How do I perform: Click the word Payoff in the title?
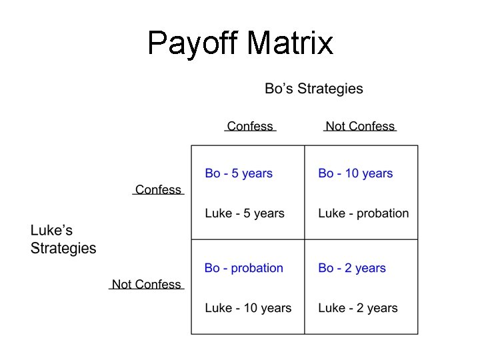pos(193,43)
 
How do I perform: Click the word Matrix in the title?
pos(290,43)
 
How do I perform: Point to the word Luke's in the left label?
pos(51,231)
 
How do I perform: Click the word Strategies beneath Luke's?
pos(63,249)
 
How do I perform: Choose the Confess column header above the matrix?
pos(250,126)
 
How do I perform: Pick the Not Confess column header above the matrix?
pos(360,126)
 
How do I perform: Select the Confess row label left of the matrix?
pos(158,189)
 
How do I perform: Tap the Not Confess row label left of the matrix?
pos(146,284)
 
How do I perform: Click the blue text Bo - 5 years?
pos(239,173)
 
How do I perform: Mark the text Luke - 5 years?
pos(245,213)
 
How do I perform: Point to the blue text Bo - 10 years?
pos(355,173)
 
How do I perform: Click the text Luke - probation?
pos(363,213)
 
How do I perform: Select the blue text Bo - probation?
pos(244,268)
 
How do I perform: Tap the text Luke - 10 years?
pos(248,308)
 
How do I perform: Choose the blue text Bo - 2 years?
pos(352,268)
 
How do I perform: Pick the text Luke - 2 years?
pos(358,308)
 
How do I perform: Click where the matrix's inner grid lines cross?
pos(305,239)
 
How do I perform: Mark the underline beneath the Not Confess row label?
pos(146,291)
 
